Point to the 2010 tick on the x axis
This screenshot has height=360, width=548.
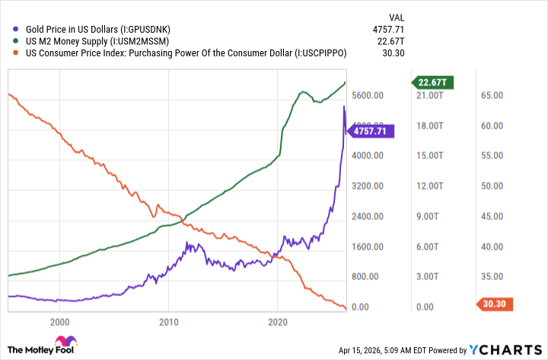tap(168, 322)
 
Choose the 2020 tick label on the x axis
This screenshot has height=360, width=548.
tap(278, 322)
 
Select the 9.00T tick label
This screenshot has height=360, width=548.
tap(432, 217)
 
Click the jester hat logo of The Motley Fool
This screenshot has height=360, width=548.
tap(65, 342)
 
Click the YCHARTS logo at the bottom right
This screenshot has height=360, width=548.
tap(505, 350)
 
